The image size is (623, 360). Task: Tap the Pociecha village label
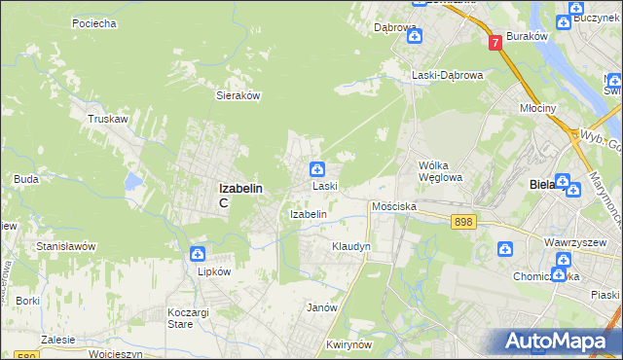[94, 22]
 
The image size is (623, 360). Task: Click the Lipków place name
[213, 271]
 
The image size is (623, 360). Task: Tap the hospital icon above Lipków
[198, 254]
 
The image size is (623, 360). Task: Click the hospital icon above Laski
[317, 169]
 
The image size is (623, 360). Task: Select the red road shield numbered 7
[495, 43]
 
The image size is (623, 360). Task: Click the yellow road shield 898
[462, 223]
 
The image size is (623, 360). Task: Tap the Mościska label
[394, 207]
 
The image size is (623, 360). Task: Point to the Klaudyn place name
[351, 247]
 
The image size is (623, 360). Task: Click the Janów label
[322, 306]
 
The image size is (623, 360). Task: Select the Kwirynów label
[351, 344]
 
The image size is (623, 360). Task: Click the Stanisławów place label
[65, 246]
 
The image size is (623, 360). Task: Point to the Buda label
[26, 179]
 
